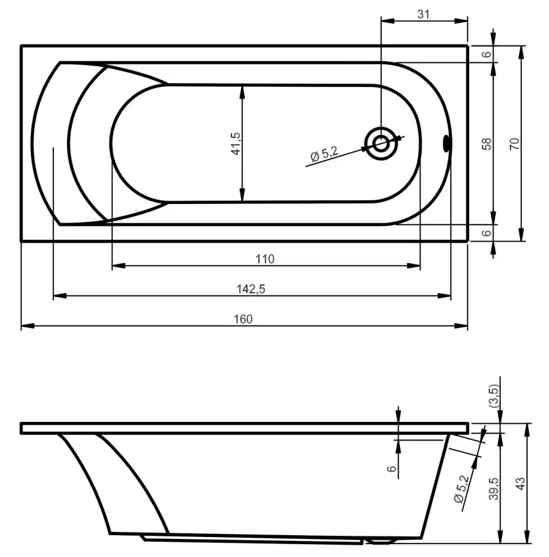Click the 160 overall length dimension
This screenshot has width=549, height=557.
(244, 318)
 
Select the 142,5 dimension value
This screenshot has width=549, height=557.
(251, 289)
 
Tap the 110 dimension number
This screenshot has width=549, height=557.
(265, 259)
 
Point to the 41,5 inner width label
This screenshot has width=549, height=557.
(235, 143)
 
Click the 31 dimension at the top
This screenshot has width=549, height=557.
(424, 14)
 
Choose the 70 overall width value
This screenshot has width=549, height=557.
(514, 143)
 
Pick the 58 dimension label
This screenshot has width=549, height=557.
(487, 143)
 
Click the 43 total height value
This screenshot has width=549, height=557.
(520, 481)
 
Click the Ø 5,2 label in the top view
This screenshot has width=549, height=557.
(323, 154)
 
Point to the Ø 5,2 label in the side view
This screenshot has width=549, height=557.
(460, 489)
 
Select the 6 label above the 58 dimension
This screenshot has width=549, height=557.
(487, 54)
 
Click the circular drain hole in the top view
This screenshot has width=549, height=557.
(381, 143)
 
